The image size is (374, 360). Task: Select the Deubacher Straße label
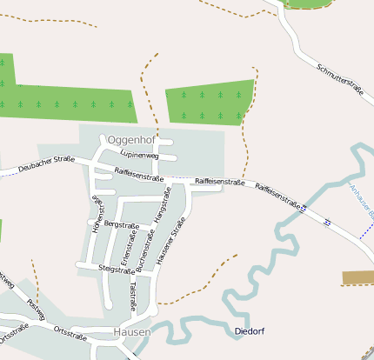coord(45,163)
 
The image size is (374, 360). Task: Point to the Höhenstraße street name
coord(97,212)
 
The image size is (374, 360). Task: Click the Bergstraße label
coord(121,223)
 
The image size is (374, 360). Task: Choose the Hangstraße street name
coord(160,212)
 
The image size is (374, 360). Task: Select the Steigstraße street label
coord(117,269)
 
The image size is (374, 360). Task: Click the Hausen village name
coord(131,332)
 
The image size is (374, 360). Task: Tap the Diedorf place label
coord(250,331)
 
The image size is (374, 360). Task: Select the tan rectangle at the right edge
coord(358,277)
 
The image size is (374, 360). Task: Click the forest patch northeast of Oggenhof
coord(210,103)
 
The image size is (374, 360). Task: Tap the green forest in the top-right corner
coord(309,3)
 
